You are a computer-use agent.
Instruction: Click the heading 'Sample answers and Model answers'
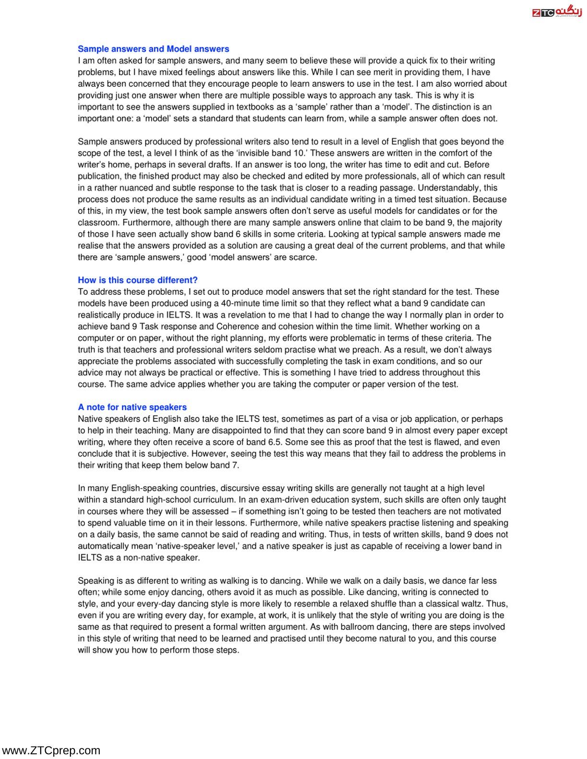click(x=153, y=49)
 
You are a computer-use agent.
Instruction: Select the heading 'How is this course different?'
click(x=138, y=280)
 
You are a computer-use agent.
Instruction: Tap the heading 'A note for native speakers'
click(x=132, y=407)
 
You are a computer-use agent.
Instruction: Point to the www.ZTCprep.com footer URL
click(x=51, y=750)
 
